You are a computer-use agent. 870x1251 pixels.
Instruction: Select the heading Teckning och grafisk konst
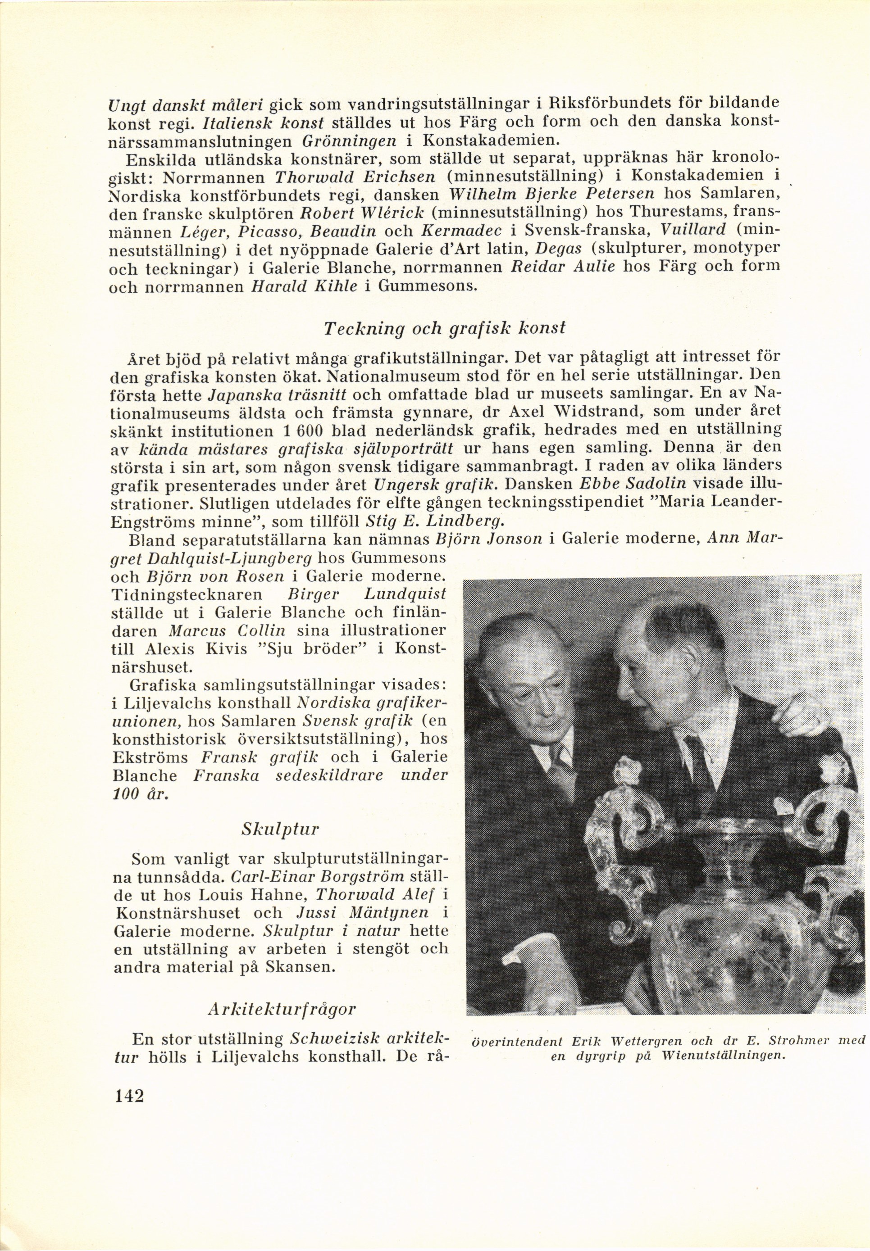pos(444,329)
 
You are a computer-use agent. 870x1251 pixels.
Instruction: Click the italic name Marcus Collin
pos(228,631)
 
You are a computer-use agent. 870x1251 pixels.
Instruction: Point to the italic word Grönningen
pos(350,141)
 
